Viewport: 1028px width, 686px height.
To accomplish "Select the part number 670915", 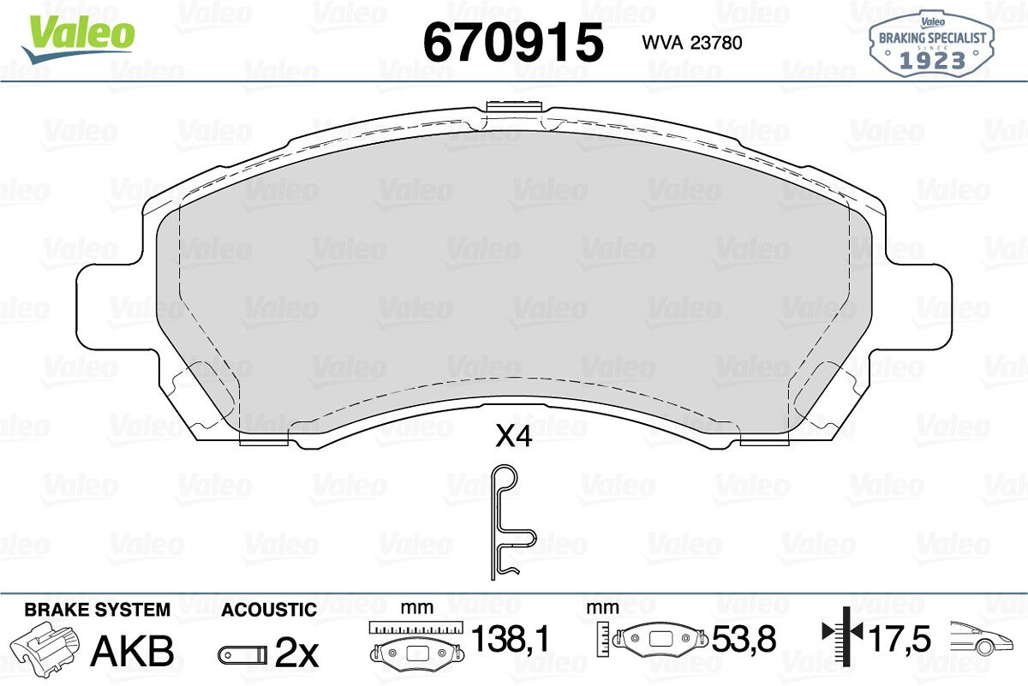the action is [513, 42].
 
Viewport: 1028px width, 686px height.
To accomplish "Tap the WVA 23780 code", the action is [692, 43].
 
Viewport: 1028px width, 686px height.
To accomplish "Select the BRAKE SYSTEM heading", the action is [98, 610].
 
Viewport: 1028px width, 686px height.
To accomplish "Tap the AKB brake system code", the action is [133, 651].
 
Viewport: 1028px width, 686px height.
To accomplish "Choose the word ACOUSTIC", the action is [269, 610].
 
